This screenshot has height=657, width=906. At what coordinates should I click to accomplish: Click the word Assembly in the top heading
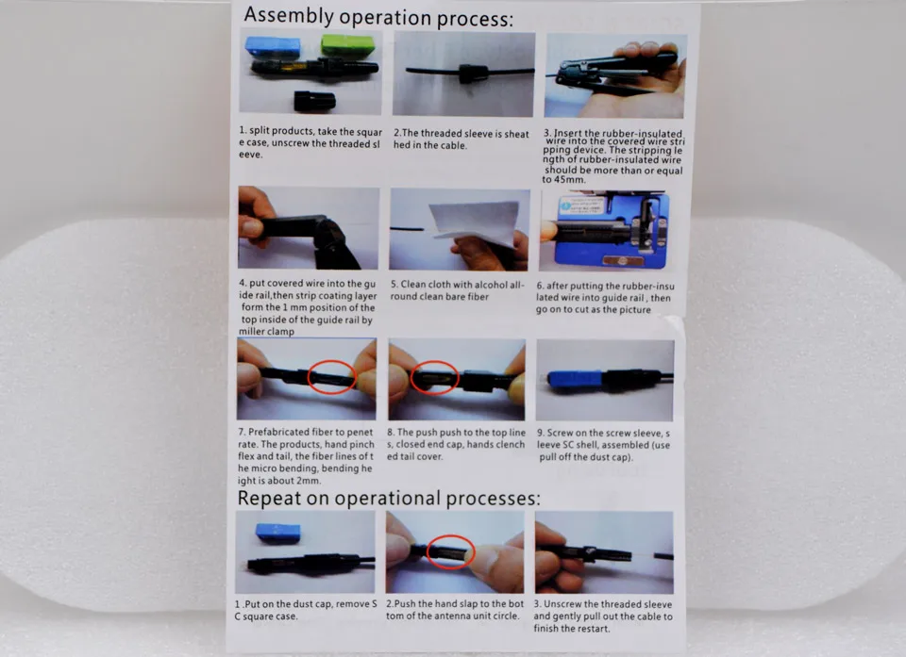[289, 15]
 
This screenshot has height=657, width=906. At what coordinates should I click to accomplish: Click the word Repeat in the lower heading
[269, 498]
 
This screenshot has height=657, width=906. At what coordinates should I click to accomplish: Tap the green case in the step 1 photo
[347, 45]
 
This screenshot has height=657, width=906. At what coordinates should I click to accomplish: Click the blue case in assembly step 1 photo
[273, 47]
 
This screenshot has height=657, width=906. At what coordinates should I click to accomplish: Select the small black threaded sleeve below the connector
[314, 101]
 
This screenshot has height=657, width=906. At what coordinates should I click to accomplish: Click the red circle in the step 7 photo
[331, 377]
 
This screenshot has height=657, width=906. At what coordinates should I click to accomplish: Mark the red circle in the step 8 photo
[434, 378]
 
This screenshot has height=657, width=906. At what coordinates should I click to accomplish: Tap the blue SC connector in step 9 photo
[575, 379]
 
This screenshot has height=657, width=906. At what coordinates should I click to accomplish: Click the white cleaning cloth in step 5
[474, 222]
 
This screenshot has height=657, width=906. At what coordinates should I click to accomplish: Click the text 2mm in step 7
[308, 481]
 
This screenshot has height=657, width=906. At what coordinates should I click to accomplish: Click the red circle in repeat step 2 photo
[451, 551]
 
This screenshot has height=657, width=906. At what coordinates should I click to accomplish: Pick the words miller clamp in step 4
[266, 332]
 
